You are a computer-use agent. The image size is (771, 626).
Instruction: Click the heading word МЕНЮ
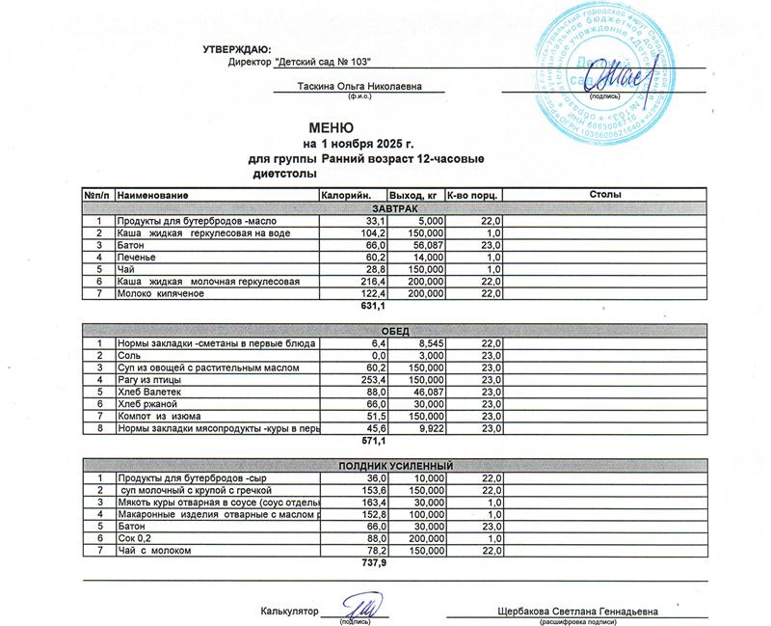(332, 127)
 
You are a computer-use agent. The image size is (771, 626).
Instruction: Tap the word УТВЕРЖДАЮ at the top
(237, 48)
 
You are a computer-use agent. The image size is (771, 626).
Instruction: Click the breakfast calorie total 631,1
(372, 306)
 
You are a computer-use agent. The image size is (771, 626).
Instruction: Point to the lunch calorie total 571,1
(372, 441)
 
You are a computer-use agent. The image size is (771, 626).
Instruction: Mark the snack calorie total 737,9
(372, 561)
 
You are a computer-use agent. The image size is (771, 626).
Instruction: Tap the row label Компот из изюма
(158, 415)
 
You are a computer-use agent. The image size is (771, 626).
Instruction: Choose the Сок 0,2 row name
(135, 537)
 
